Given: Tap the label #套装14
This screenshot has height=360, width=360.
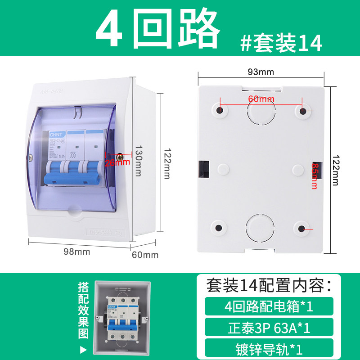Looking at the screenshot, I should (281, 44).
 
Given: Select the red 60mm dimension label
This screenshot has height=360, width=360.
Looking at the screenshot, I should (261, 99).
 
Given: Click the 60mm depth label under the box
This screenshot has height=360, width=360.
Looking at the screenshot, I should (145, 255).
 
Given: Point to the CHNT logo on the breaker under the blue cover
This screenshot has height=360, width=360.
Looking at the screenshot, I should (55, 134).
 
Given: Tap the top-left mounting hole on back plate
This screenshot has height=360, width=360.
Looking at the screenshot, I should (220, 110).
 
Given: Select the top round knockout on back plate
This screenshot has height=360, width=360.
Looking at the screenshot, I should (261, 111).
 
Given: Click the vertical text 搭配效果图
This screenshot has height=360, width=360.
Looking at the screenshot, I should (83, 310).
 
